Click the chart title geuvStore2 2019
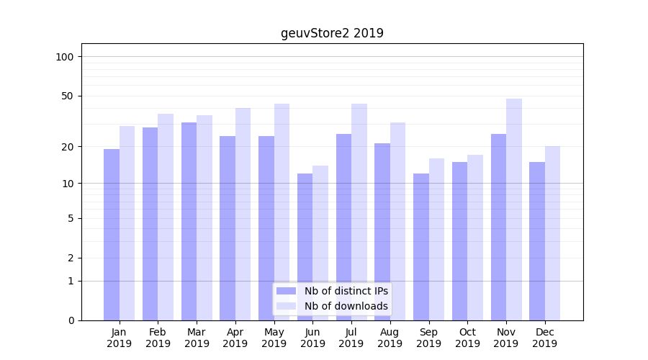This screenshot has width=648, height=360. coord(332,33)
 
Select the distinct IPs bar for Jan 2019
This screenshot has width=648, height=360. coord(112,234)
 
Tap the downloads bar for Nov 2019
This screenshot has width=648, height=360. coord(514,209)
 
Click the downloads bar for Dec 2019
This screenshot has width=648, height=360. coord(552,233)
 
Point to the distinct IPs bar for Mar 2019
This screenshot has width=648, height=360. coord(189,221)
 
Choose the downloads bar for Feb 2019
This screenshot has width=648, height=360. coord(166,216)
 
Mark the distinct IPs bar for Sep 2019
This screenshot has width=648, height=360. coord(421,246)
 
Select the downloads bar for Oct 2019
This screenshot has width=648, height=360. coord(475,237)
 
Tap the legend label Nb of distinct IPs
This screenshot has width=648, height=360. coord(346,291)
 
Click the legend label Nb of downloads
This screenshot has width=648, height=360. coord(346,306)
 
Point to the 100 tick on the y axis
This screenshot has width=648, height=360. coord(65,57)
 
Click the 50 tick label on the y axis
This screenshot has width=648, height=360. coord(68,96)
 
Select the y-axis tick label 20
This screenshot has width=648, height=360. coord(68,147)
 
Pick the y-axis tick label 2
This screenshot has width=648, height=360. coord(71,258)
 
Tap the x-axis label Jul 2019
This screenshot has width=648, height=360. coord(351,338)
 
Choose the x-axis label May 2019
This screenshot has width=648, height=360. coord(274,338)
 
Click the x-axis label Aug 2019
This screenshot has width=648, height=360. coord(390,338)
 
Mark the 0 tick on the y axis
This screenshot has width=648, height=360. coord(71,320)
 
